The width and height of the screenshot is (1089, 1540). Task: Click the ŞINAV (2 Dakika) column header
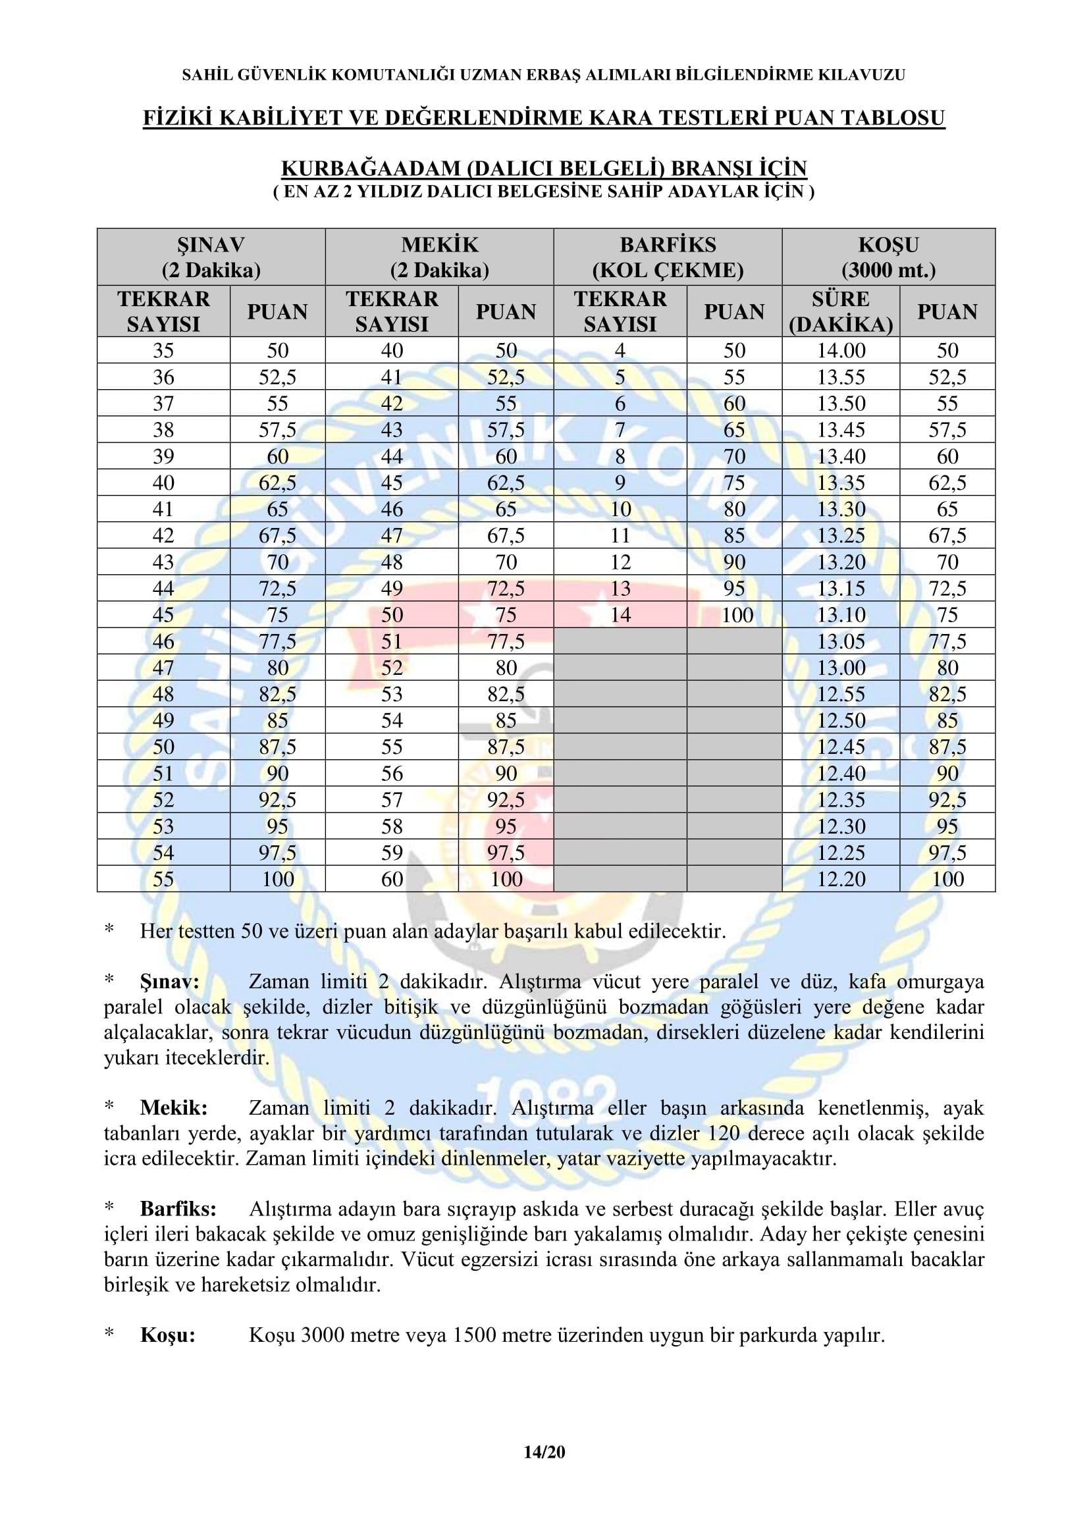(211, 257)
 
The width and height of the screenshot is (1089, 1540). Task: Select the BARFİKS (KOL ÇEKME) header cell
(667, 257)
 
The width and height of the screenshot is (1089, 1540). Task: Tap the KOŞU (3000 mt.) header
(888, 257)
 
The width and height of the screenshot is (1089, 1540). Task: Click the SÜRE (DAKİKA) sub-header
(840, 311)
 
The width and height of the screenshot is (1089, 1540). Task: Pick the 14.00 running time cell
(841, 350)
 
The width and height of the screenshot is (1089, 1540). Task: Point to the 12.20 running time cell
(841, 879)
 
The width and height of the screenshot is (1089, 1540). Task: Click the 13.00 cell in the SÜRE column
(841, 668)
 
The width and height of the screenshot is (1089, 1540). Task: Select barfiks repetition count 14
(620, 614)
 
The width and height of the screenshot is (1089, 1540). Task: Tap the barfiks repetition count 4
(620, 350)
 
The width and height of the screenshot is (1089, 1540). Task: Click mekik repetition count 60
(392, 879)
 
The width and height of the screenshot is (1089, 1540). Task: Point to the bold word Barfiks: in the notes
(178, 1209)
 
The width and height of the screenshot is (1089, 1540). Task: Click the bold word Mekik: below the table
(174, 1107)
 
